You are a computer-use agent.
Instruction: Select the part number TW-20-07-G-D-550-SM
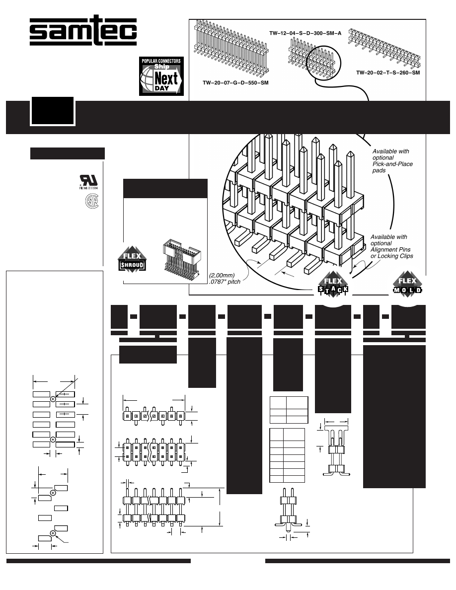pyautogui.click(x=235, y=82)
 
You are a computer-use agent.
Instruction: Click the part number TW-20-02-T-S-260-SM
pyautogui.click(x=388, y=73)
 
